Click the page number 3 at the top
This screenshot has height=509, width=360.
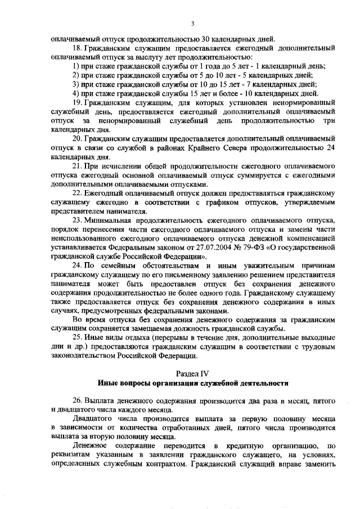(192, 23)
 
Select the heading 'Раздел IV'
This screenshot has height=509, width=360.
(192, 373)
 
